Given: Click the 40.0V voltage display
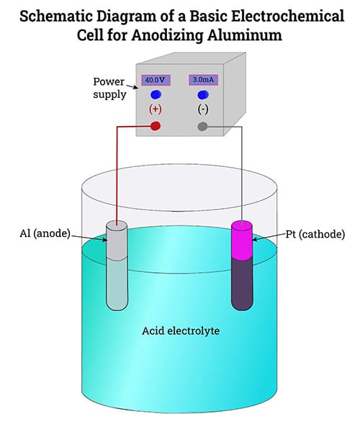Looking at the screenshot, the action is coord(156,80).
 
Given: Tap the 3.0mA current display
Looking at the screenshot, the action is coord(204,80).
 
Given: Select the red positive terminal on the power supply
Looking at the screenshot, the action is coord(156,126).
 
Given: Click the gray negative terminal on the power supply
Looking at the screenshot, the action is coord(202,127).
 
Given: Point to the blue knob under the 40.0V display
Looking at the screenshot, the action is coord(156,94).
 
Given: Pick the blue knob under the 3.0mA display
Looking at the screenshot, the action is coord(203,94).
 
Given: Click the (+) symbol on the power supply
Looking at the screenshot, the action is coord(156,109).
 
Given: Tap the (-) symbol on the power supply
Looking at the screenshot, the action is coord(203,109).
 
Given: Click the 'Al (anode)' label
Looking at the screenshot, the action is coord(45,233).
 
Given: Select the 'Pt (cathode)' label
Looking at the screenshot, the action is coord(315,234).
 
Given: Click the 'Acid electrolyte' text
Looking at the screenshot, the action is coord(181,330).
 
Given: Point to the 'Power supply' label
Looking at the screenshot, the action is coord(109,88).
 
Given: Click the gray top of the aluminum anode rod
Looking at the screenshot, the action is coord(117,240).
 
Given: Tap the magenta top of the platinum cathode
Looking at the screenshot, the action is coord(242,240).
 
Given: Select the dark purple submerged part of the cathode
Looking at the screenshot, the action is coord(242,284).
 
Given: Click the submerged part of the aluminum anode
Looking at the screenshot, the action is coord(117,284).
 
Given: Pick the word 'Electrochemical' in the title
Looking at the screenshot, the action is coord(287,16).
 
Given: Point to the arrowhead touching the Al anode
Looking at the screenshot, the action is coord(104,240).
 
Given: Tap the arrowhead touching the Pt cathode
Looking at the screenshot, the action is coord(255,239).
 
